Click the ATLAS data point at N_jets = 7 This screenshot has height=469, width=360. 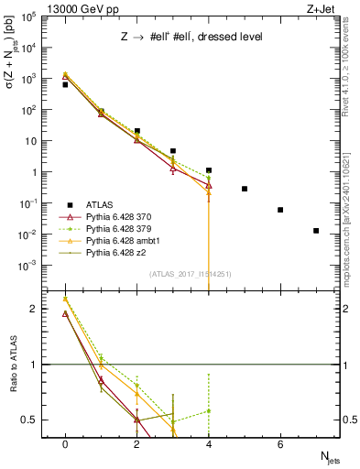coord(316,231)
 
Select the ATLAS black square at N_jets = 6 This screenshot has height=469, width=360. coord(280,210)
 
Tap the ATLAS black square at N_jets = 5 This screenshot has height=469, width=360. coord(245,189)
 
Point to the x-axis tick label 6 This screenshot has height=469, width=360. coord(280,443)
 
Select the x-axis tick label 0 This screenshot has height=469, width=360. coord(65,443)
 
